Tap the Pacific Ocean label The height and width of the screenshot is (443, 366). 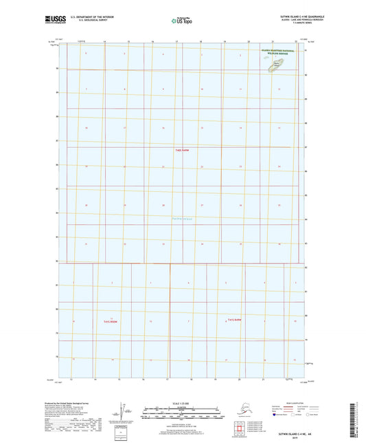182,219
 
